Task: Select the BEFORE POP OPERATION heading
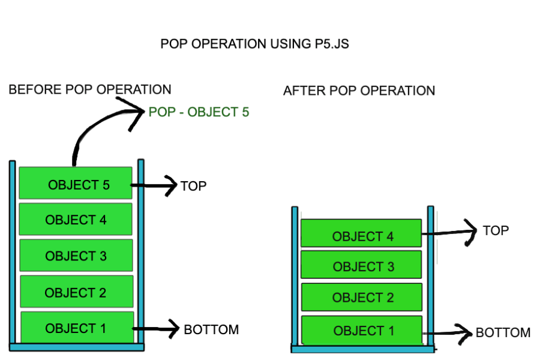[x=90, y=89]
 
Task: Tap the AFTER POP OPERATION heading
[x=359, y=91]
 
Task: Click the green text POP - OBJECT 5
[x=199, y=112]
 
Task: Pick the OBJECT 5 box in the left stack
[x=76, y=183]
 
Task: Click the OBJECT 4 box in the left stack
[x=76, y=219]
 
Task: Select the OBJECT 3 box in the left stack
[x=76, y=256]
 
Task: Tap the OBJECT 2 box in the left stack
[x=76, y=292]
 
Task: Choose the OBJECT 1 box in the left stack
[x=77, y=328]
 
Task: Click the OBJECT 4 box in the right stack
[x=361, y=233]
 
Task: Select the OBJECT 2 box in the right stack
[x=362, y=296]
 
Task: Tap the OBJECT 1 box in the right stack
[x=362, y=329]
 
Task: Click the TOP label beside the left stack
[x=193, y=186]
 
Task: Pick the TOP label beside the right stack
[x=496, y=230]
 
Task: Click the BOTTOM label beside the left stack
[x=211, y=329]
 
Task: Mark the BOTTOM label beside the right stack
[x=503, y=332]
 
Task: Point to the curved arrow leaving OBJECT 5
[x=90, y=129]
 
